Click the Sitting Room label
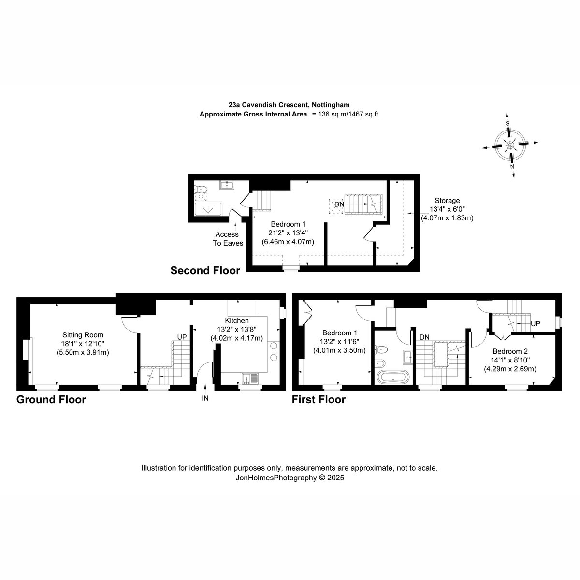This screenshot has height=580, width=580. pyautogui.click(x=83, y=334)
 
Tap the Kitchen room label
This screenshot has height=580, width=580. pyautogui.click(x=236, y=321)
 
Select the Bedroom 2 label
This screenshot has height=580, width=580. pyautogui.click(x=510, y=351)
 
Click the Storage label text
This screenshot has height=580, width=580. pyautogui.click(x=447, y=201)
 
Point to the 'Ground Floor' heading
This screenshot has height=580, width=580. pyautogui.click(x=51, y=399)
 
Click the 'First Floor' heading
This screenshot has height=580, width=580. pyautogui.click(x=319, y=399)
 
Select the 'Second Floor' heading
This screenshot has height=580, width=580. pyautogui.click(x=205, y=270)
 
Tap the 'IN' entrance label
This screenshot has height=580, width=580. pyautogui.click(x=205, y=398)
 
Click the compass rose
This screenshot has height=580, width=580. pyautogui.click(x=510, y=145)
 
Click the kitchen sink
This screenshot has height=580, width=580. pyautogui.click(x=250, y=378)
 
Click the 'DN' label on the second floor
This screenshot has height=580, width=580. pyautogui.click(x=339, y=204)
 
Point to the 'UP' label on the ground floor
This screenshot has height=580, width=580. pyautogui.click(x=182, y=337)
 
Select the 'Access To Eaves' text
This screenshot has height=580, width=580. pyautogui.click(x=228, y=239)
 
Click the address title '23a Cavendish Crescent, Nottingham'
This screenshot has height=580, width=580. pyautogui.click(x=289, y=105)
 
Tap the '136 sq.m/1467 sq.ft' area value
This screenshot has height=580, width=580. pyautogui.click(x=348, y=114)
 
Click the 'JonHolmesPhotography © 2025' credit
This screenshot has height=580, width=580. pyautogui.click(x=290, y=478)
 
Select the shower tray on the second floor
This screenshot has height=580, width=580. pyautogui.click(x=208, y=209)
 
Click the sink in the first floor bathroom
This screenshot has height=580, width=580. pyautogui.click(x=407, y=357)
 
